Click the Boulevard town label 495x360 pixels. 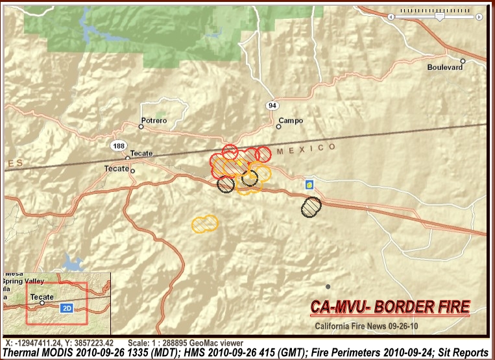[x=445, y=67]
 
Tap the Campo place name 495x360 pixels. [x=290, y=121]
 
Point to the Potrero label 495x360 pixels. [x=154, y=121]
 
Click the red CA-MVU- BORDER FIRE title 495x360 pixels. [x=390, y=306]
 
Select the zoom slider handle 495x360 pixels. [x=439, y=17]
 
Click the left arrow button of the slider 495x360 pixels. [x=391, y=17]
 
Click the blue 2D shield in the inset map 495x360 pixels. [x=66, y=309]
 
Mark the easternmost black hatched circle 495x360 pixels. [x=311, y=206]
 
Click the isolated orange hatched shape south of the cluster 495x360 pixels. [x=205, y=223]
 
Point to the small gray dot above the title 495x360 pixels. [x=328, y=286]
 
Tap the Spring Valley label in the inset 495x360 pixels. [x=23, y=282]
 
